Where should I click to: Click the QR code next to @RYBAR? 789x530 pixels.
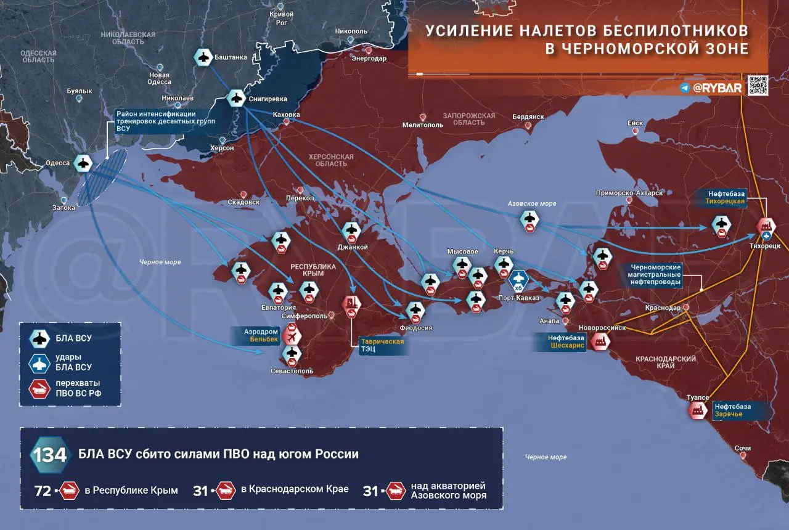758,86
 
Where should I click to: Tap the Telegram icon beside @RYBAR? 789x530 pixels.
685,88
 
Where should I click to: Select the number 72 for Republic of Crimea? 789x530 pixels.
43,491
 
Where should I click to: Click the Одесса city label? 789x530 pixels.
57,163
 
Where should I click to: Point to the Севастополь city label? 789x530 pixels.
292,371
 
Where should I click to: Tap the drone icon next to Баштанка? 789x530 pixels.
203,57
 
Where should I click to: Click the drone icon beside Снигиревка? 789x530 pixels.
235,98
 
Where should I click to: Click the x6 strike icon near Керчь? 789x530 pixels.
518,280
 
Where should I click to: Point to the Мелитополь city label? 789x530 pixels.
422,124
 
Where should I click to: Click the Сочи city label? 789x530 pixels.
743,448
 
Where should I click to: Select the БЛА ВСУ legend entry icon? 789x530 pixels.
41,338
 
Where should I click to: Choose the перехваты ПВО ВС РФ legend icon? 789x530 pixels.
41,389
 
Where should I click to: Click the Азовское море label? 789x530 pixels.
531,203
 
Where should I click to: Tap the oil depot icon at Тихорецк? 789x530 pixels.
766,226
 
